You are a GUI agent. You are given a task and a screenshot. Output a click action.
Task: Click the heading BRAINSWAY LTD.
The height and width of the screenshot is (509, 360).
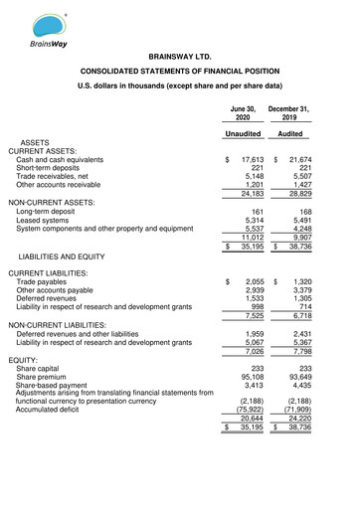coord(180,61)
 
